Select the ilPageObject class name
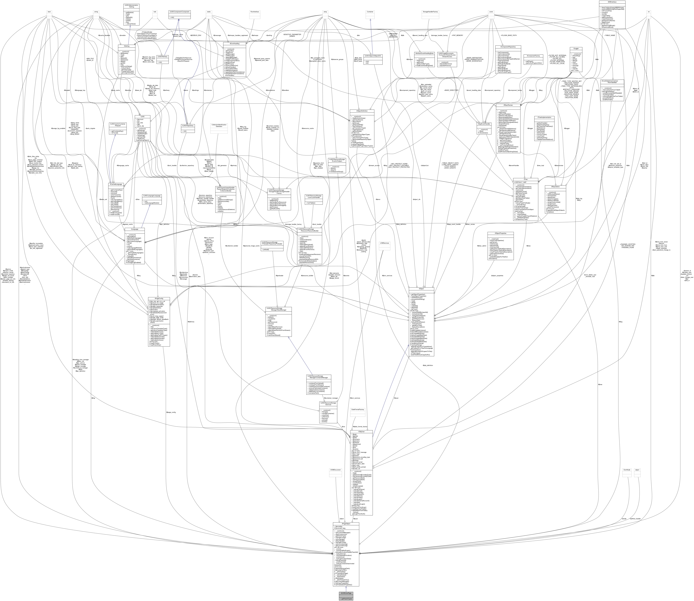(x=346, y=524)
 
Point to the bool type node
(x=49, y=12)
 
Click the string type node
(x=96, y=12)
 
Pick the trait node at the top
(x=155, y=12)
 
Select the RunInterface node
(x=255, y=12)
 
